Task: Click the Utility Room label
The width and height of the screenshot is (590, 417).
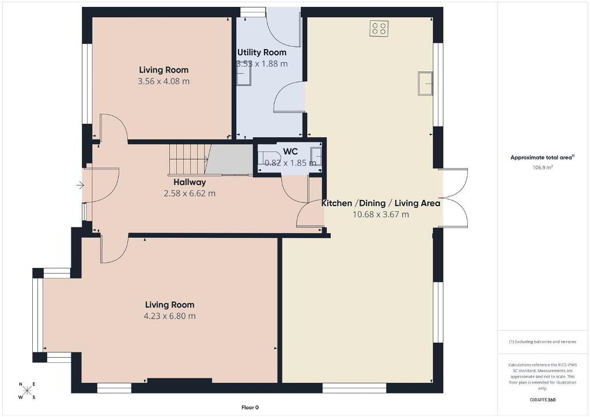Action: coord(262,52)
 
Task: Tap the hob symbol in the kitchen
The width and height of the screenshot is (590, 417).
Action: coord(379,29)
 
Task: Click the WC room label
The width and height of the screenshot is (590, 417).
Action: coord(290,151)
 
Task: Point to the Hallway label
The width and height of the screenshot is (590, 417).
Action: coord(190,183)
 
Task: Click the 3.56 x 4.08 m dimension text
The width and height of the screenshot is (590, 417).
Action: coord(164,81)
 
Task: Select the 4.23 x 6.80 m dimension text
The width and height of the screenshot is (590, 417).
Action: coord(170,316)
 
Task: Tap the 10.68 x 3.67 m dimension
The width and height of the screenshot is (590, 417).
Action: coord(380,215)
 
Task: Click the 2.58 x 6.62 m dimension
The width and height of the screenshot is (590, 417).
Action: coord(190,194)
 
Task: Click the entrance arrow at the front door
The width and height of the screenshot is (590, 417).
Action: coord(80,185)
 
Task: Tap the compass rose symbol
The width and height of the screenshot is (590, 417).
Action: coord(27,391)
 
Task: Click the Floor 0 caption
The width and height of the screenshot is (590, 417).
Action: coord(250,407)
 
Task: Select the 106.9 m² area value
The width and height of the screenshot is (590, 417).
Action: coord(543,168)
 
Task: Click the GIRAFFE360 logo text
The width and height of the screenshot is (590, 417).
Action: coord(543,400)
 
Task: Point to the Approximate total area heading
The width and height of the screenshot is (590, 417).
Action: coord(543,158)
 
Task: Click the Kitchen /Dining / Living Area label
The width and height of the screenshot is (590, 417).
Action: coord(380,203)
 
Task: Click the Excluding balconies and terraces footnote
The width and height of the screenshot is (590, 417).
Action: coord(543,342)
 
